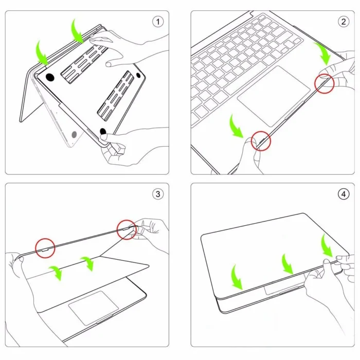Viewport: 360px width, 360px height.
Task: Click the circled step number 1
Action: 158,22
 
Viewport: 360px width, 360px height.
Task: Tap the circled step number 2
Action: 343,22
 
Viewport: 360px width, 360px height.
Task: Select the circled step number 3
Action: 158,194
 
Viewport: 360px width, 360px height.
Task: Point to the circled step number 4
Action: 343,194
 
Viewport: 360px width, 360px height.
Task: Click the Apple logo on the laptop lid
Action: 74,135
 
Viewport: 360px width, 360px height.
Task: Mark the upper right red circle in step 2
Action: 325,83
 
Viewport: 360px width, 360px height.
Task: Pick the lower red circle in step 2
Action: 261,140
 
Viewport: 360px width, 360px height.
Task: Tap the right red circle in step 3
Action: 127,230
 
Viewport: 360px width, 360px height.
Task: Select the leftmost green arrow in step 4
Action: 238,277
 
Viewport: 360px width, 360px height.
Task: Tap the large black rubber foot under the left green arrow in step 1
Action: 50,78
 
